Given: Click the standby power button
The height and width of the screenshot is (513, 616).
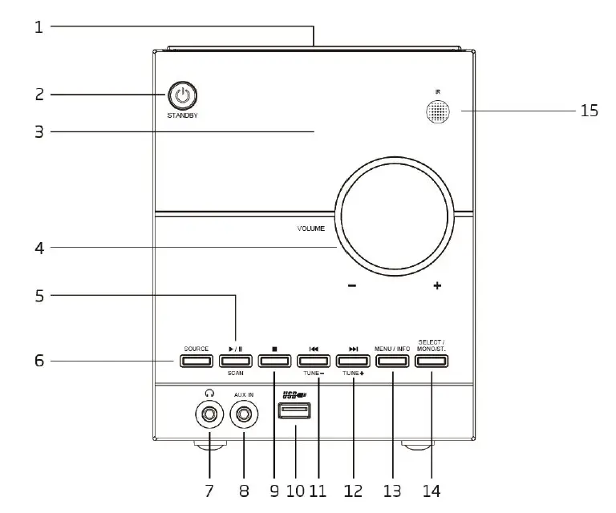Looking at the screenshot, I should pos(183,96).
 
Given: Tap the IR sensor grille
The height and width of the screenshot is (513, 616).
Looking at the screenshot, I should pos(438,112).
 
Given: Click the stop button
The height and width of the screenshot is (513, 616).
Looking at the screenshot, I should pos(274,361).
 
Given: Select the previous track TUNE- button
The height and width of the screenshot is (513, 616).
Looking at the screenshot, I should pos(314,361).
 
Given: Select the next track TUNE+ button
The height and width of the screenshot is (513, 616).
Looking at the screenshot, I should pos(353,361).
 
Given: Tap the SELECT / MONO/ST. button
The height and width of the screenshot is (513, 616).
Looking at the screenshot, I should pos(432,361).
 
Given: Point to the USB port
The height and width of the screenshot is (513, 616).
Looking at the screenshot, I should pos(294,412).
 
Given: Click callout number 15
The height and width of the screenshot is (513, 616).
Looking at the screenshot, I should pos(589,111).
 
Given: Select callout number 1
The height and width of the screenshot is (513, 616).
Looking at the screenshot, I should pos(38,27).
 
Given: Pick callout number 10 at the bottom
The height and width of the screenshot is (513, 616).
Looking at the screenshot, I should pos(295,489).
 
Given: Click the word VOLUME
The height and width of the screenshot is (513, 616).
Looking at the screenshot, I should pos(310,228).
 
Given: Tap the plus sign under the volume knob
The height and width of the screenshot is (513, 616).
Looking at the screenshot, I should pos(437,286).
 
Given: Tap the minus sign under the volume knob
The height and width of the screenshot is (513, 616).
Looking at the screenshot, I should pos(352,286).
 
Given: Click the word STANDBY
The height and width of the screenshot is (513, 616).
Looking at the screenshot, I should pos(183,116).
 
